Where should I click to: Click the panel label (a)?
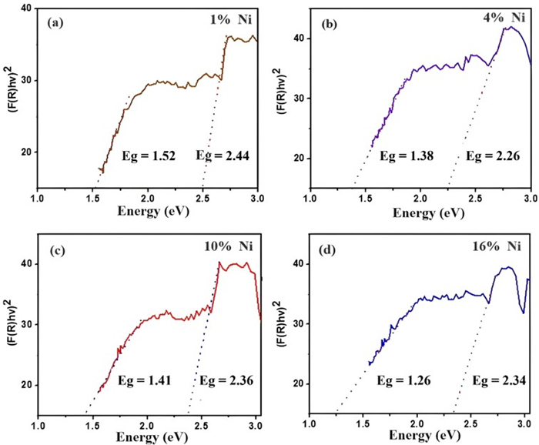pyautogui.click(x=54, y=22)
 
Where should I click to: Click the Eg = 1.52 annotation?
pyautogui.click(x=149, y=156)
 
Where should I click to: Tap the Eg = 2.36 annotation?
pyautogui.click(x=227, y=380)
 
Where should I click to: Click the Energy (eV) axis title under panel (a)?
pyautogui.click(x=149, y=210)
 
